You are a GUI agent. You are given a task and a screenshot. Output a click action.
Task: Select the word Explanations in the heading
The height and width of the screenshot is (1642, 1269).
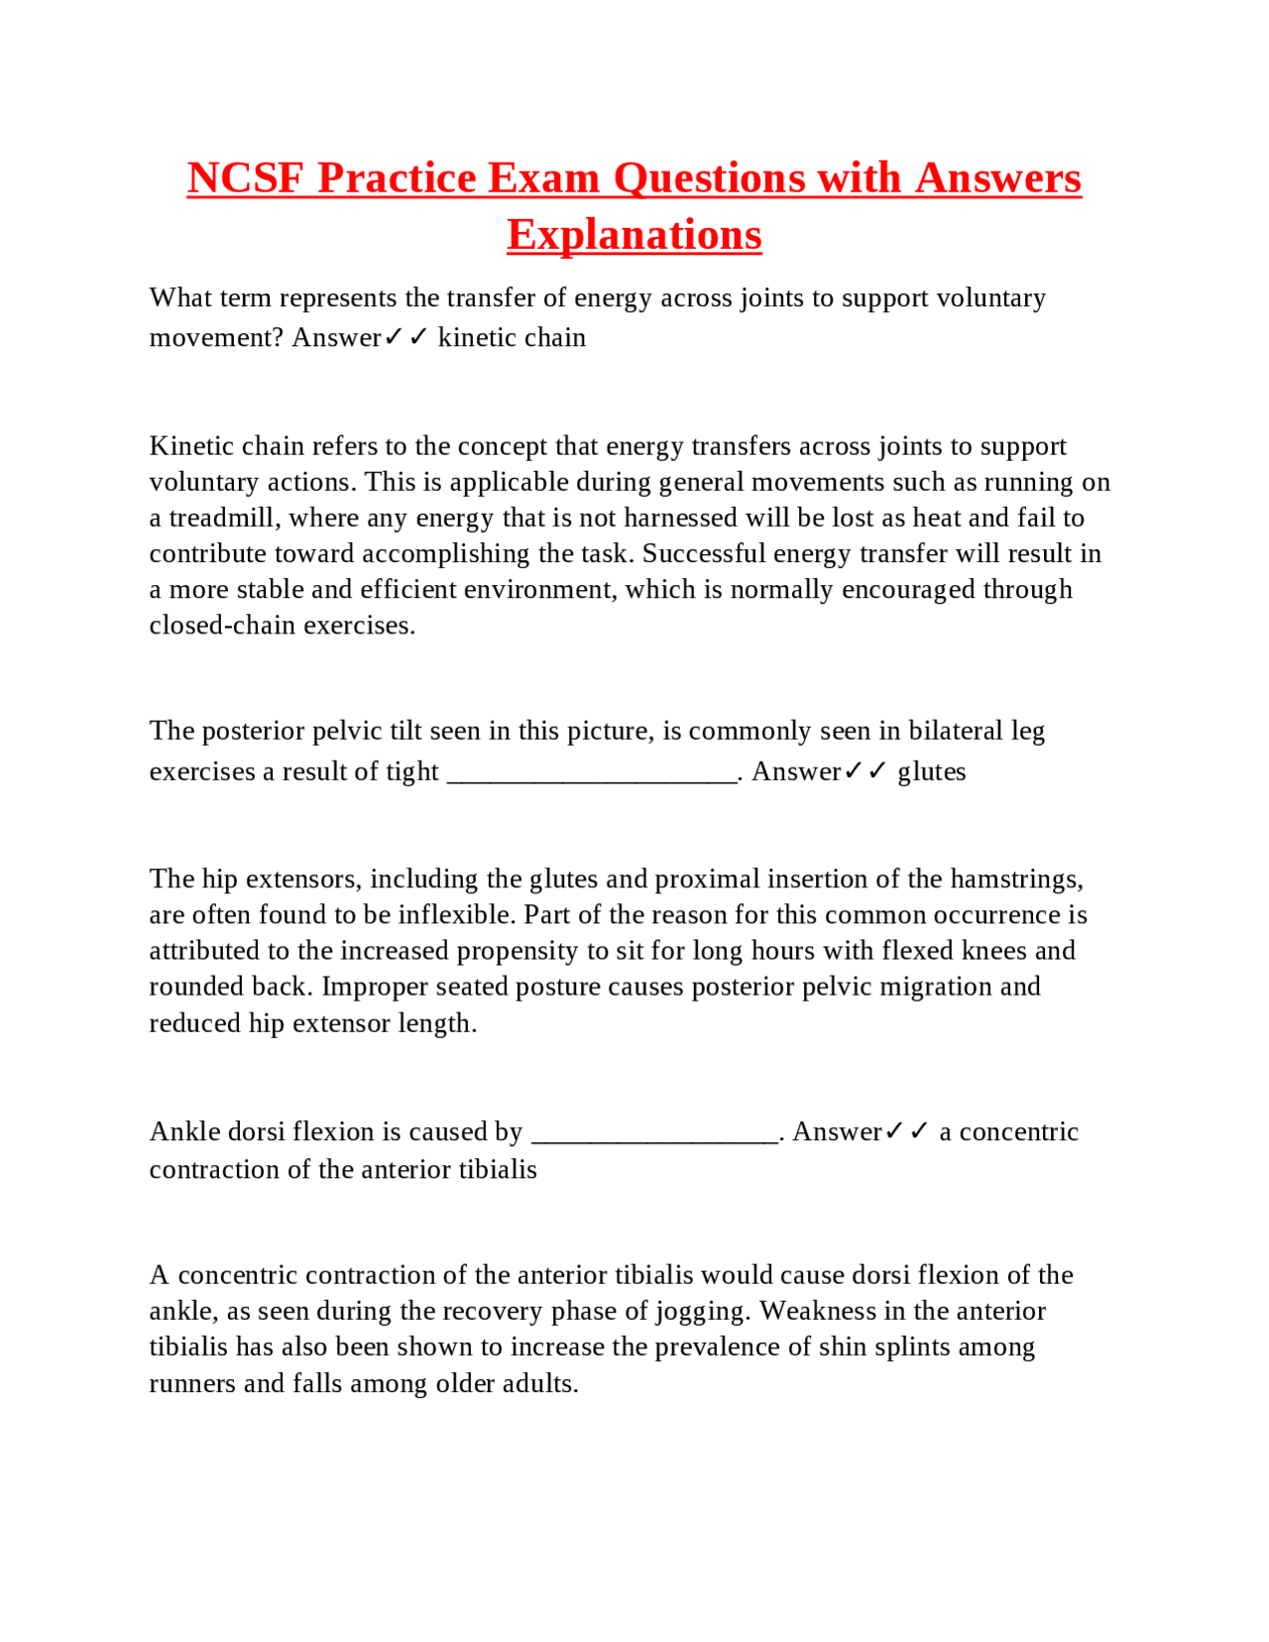coord(634,235)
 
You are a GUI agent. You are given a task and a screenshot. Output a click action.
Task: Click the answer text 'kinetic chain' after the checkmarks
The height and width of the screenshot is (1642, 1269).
coord(512,338)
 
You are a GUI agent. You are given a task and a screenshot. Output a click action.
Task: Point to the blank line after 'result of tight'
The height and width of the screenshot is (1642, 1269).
coord(592,772)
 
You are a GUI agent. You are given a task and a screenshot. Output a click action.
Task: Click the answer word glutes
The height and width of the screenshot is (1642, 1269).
coord(931,772)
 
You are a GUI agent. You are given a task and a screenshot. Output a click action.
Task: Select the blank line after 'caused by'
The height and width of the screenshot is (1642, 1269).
coord(654,1132)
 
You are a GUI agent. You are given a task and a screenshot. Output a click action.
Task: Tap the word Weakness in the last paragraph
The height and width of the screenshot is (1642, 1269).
coord(817,1312)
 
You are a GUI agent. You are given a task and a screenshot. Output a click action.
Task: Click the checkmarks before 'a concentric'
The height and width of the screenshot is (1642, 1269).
coord(906,1132)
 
